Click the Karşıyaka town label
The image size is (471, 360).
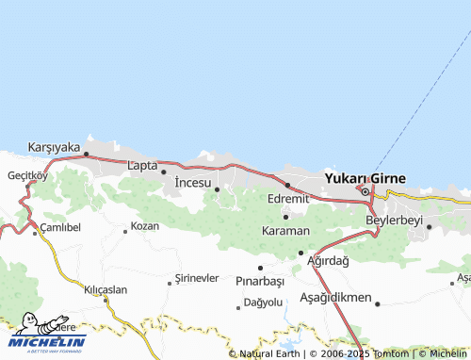[54, 147]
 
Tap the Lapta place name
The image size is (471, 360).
[141, 166]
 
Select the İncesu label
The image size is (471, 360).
[193, 182]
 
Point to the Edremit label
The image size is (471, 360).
[288, 199]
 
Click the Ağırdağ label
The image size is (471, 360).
[329, 260]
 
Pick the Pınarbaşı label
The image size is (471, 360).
[260, 281]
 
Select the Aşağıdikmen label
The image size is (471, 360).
[333, 296]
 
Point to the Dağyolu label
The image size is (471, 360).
[263, 303]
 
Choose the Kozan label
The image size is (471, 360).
[145, 226]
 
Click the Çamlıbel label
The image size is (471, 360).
[60, 228]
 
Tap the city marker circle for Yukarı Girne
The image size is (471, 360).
[365, 192]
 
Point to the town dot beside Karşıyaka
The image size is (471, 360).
[86, 154]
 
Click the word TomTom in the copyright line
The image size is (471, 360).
[391, 353]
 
